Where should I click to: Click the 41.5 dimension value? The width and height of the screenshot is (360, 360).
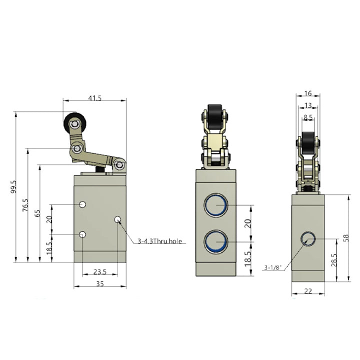click(95, 98)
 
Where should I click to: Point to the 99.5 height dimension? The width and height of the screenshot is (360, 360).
click(13, 186)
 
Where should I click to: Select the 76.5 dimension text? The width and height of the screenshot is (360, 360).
click(25, 205)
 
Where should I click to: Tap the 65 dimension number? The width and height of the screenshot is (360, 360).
click(37, 213)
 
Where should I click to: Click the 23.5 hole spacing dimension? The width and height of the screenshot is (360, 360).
click(100, 272)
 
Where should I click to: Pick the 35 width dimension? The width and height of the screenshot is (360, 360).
click(100, 284)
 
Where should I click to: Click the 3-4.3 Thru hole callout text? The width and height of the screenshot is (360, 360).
click(159, 241)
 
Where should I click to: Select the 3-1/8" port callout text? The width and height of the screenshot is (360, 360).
click(273, 267)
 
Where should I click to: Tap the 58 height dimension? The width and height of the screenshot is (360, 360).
click(346, 237)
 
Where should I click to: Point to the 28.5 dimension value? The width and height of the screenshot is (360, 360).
click(334, 260)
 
